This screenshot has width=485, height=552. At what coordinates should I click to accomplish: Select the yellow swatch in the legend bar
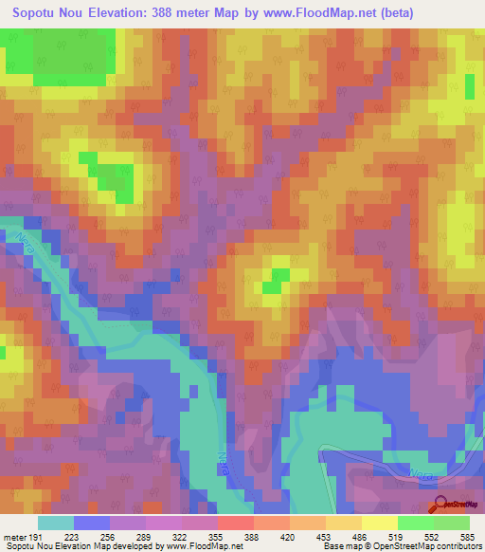[379, 523]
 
